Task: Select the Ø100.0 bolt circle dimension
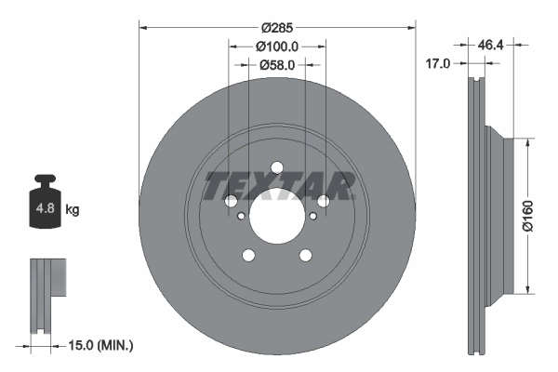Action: click(276, 46)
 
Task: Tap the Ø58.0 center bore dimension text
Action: click(276, 65)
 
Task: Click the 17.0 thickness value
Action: click(438, 63)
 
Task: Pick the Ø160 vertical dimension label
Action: click(527, 215)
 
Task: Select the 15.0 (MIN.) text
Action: click(103, 345)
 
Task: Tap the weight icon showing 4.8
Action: click(44, 206)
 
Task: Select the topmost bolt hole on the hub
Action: click(277, 168)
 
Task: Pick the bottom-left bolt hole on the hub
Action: click(248, 257)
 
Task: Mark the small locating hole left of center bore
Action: click(241, 217)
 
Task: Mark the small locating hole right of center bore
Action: click(313, 217)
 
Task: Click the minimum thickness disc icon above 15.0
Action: click(46, 294)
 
